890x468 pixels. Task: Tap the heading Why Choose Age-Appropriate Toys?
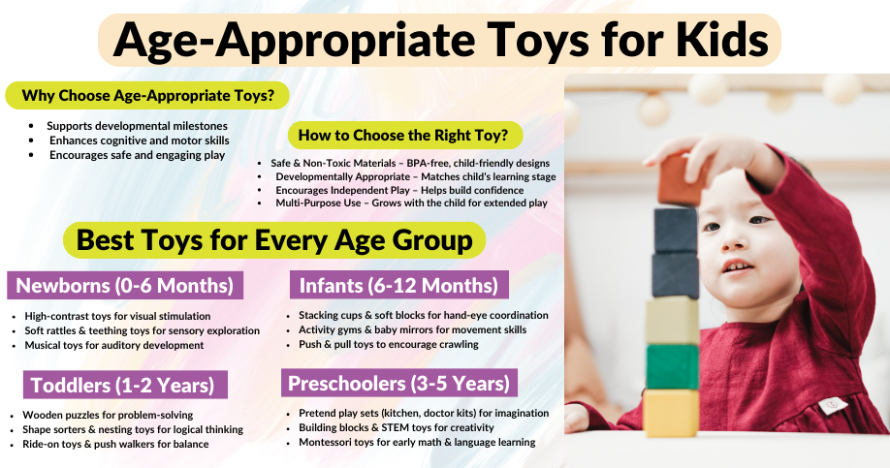(x=147, y=95)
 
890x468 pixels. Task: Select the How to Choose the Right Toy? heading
(x=403, y=135)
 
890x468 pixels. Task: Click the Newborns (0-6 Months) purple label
(x=125, y=285)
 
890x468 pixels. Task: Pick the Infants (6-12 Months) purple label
(x=399, y=285)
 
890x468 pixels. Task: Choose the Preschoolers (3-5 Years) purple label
(x=399, y=384)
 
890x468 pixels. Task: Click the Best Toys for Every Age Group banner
(x=274, y=240)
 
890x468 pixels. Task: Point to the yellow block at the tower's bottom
(x=672, y=413)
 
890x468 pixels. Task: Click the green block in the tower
(x=673, y=366)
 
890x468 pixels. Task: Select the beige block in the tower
(x=673, y=321)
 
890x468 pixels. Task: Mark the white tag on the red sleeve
(x=833, y=406)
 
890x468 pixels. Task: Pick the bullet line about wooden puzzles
(x=108, y=416)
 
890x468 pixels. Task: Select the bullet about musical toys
(x=114, y=346)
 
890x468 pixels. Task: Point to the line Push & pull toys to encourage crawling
(x=389, y=344)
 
